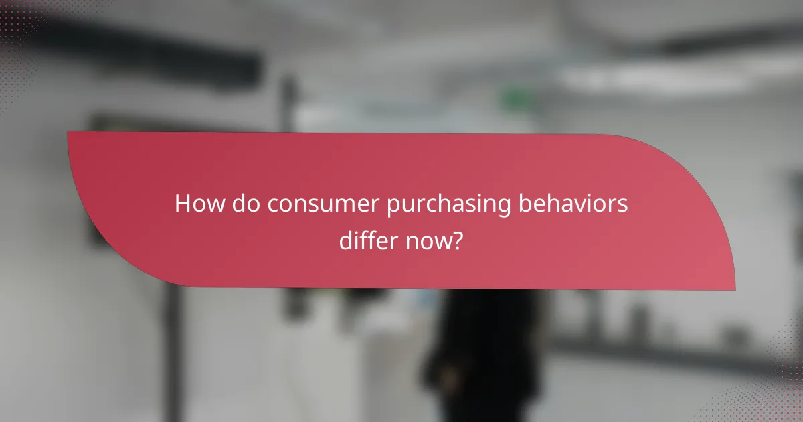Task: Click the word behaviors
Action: [x=574, y=204]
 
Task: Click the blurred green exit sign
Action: [x=516, y=100]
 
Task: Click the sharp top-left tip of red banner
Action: [x=69, y=133]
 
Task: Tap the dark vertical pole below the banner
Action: [x=172, y=355]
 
